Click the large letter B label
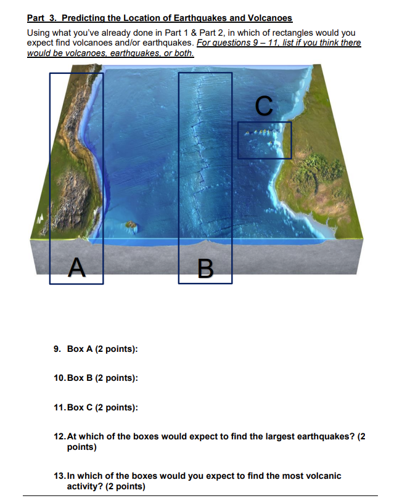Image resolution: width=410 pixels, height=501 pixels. point(205,268)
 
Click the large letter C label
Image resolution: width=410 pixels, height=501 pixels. point(263,105)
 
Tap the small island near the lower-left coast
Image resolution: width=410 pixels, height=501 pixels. point(130,226)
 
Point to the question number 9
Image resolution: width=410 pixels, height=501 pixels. point(56,349)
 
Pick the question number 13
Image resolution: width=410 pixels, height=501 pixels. point(59,476)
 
